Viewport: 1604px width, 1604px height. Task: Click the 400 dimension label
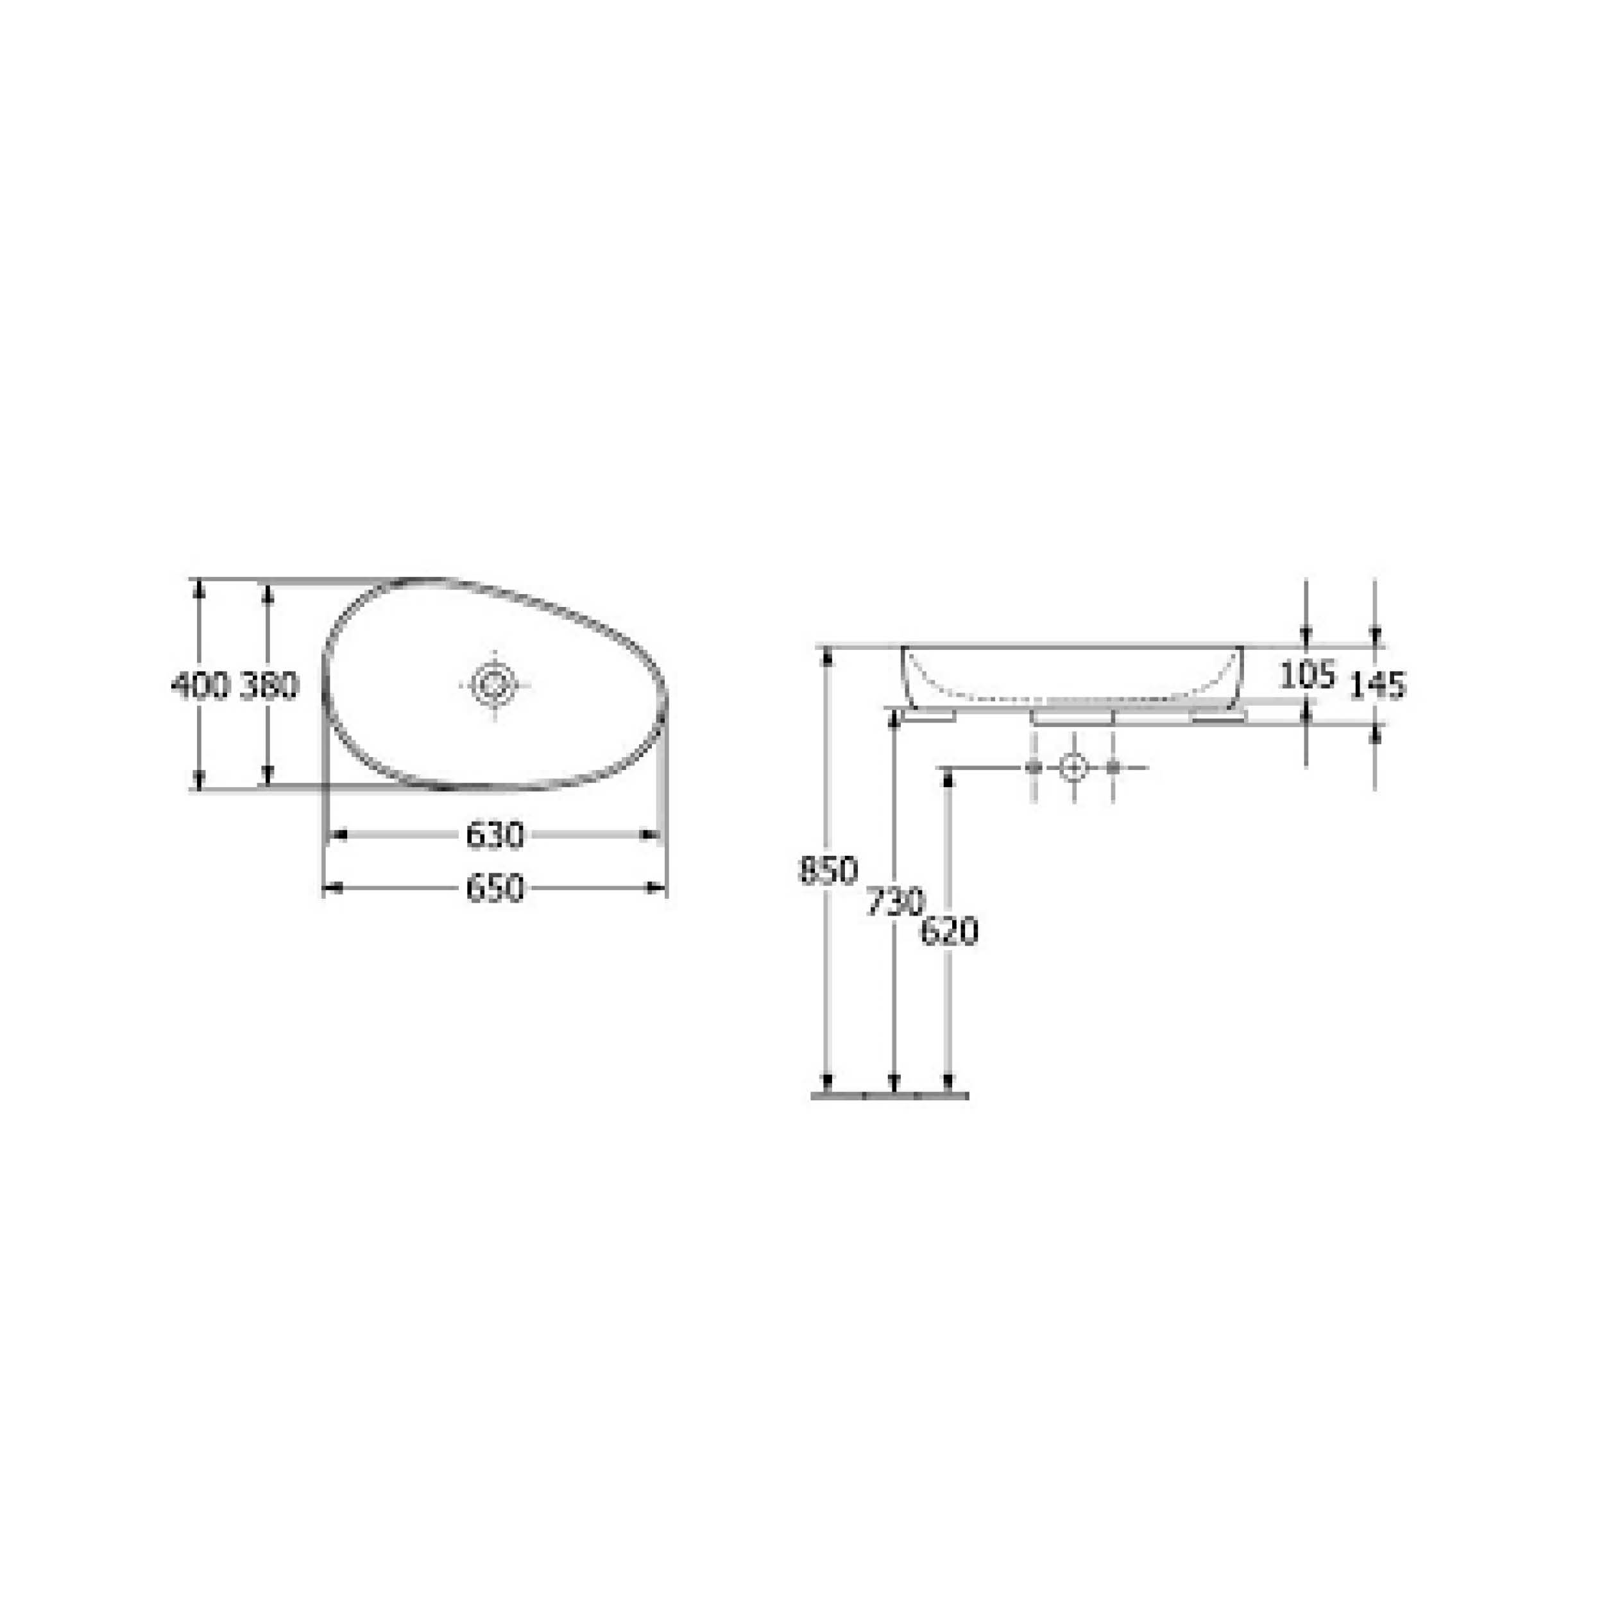[x=200, y=686]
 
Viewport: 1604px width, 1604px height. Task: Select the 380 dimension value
[x=268, y=686]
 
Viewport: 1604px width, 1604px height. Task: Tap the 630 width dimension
[x=495, y=834]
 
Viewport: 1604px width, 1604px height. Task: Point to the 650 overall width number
[x=495, y=889]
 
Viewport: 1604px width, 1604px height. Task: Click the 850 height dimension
[x=828, y=870]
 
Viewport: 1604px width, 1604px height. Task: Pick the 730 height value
[x=895, y=901]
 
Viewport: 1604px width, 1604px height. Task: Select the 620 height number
[x=950, y=932]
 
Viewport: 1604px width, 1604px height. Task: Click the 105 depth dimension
[x=1308, y=675]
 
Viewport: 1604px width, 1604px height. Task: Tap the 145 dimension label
[x=1378, y=685]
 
